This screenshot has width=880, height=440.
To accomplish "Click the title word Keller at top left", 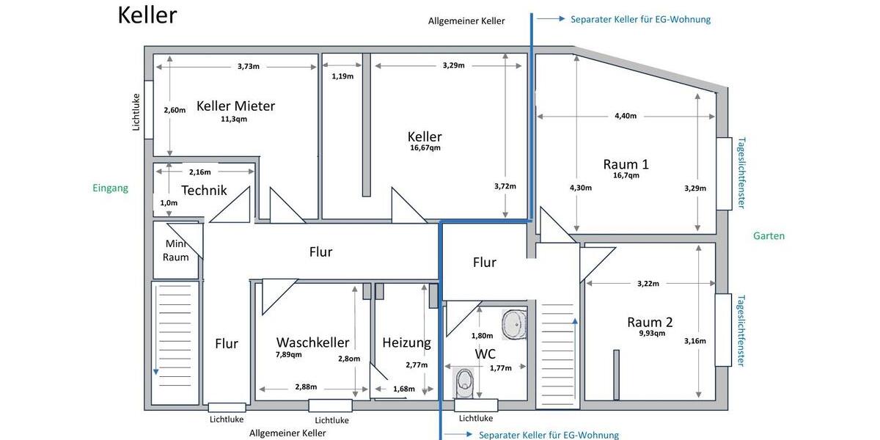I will pos(147,15).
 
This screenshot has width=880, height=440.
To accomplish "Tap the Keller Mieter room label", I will pos(235,106).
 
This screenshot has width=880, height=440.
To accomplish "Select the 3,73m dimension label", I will pos(249,66).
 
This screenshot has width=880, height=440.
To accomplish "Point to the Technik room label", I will pos(204,191).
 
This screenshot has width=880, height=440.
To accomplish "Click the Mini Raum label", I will pos(176,250).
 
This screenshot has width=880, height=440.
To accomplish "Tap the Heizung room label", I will pos(406,342).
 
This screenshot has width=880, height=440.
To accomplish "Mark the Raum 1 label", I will pos(626,164).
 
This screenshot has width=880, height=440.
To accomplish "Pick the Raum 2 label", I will pos(650,322).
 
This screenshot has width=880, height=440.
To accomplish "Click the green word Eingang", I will pos(110,188).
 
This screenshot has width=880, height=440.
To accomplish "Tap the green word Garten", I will pos(769,236).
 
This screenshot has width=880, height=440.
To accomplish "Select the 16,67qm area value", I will pos(425,148).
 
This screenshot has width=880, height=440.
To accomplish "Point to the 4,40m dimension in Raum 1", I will pos(625,116).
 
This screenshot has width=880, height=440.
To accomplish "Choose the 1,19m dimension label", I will pos(342,76).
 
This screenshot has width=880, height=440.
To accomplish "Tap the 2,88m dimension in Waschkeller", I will pos(306,387).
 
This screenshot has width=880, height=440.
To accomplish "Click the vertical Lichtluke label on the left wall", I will pos(136,111).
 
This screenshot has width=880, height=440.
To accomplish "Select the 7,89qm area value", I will pos(289,354).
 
